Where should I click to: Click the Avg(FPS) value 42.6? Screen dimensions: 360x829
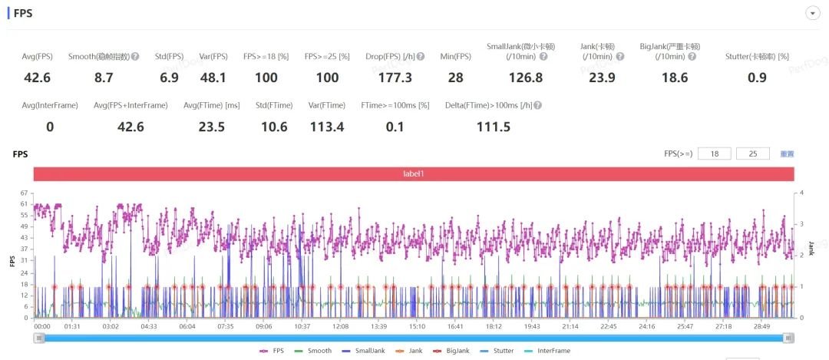[37, 78]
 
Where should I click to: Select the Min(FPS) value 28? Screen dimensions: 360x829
[456, 78]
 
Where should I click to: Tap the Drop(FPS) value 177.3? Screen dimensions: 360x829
[395, 78]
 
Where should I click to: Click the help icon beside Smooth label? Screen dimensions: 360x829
[135, 56]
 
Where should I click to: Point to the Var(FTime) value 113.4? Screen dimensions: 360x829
[327, 127]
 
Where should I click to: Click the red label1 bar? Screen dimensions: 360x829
[413, 174]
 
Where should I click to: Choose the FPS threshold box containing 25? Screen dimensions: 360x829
[752, 154]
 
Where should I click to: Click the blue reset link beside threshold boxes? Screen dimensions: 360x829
[787, 154]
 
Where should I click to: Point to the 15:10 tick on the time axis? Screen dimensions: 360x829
[416, 326]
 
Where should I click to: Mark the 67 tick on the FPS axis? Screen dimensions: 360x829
[25, 193]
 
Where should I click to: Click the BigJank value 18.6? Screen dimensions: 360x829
[675, 78]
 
